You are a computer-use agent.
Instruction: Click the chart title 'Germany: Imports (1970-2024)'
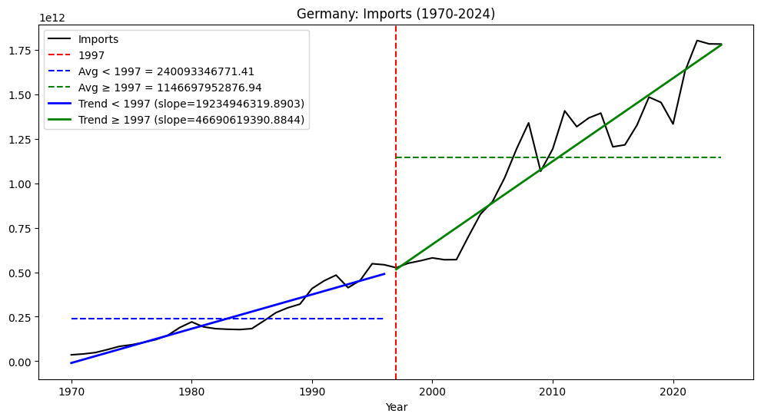[396, 14]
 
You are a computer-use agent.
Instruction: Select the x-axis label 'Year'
[396, 407]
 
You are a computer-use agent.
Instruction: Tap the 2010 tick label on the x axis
[552, 391]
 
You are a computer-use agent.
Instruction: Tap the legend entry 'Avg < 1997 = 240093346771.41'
[166, 71]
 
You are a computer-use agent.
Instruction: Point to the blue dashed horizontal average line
[231, 319]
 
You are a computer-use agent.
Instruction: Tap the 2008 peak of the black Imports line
[528, 123]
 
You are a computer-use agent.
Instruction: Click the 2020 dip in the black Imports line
[673, 124]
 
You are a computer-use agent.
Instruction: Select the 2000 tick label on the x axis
[432, 391]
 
